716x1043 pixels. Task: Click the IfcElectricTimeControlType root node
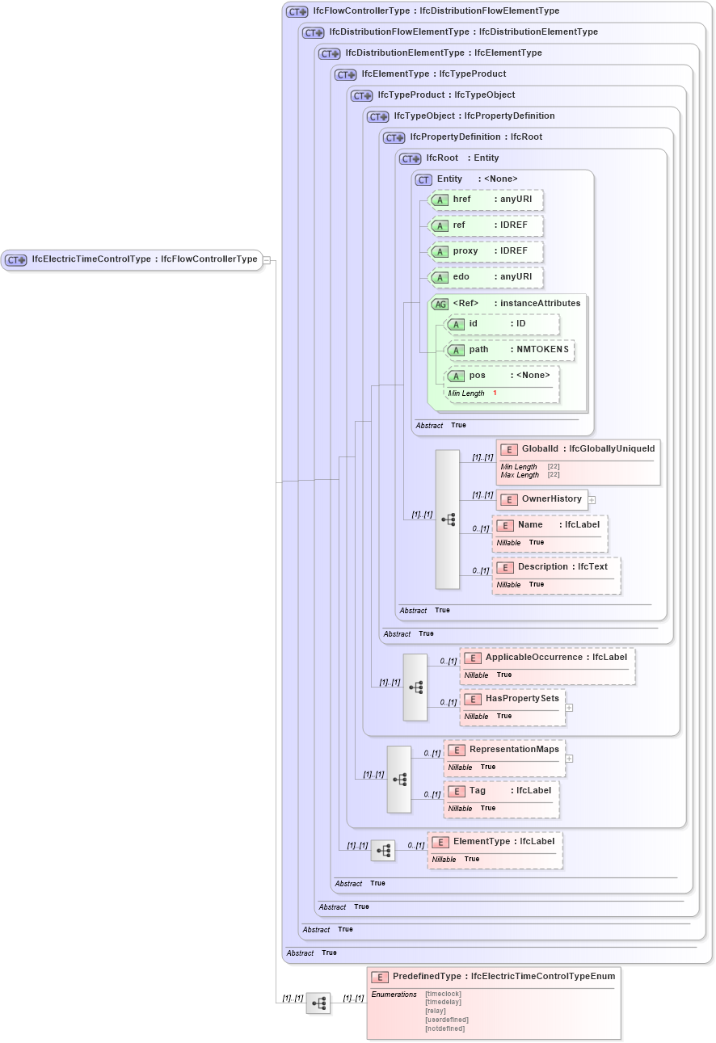point(132,259)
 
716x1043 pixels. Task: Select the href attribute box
point(486,200)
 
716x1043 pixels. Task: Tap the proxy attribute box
point(486,251)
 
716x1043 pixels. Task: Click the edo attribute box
point(486,277)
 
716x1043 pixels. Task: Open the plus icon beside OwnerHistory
point(592,499)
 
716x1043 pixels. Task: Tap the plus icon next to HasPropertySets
point(569,708)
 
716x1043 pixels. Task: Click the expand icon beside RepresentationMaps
point(569,759)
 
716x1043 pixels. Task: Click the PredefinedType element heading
point(493,977)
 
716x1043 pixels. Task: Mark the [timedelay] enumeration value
point(443,1002)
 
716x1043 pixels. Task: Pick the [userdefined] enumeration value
point(446,1020)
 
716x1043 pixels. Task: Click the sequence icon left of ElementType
point(383,851)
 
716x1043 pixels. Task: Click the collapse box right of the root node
point(267,260)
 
